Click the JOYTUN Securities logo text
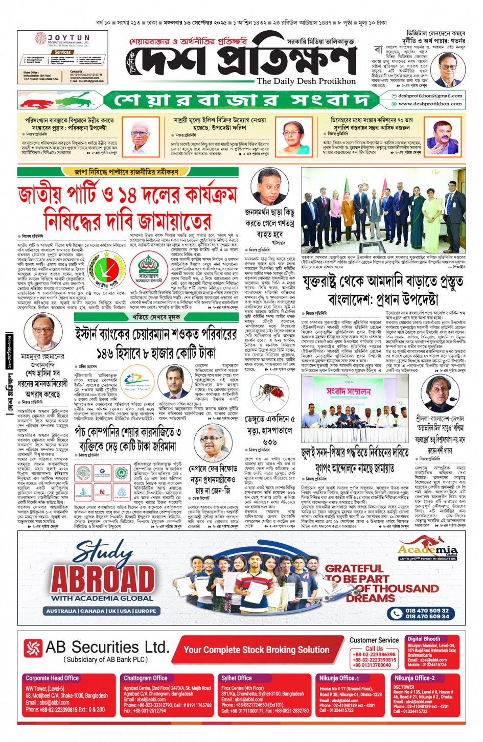(x=68, y=38)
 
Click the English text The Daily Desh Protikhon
(x=306, y=81)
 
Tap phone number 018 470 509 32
(x=427, y=610)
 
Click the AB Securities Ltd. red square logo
(x=33, y=648)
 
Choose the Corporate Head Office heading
(x=52, y=678)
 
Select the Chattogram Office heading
(x=146, y=678)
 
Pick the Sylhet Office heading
(x=237, y=678)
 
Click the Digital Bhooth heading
(x=424, y=639)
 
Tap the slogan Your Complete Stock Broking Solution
(x=256, y=650)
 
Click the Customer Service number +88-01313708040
(x=372, y=665)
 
